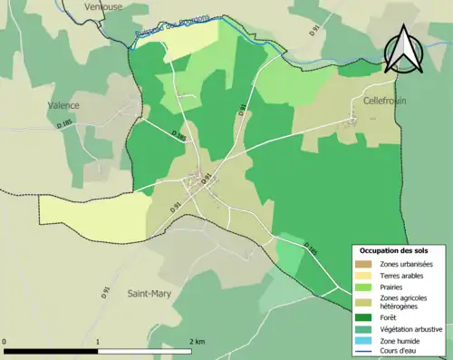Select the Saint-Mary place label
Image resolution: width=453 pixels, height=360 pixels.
point(149,293)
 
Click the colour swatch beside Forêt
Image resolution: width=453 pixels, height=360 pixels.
point(366,317)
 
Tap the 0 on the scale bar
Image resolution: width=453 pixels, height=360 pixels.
point(5,341)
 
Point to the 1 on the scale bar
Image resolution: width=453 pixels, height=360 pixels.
point(97,341)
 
